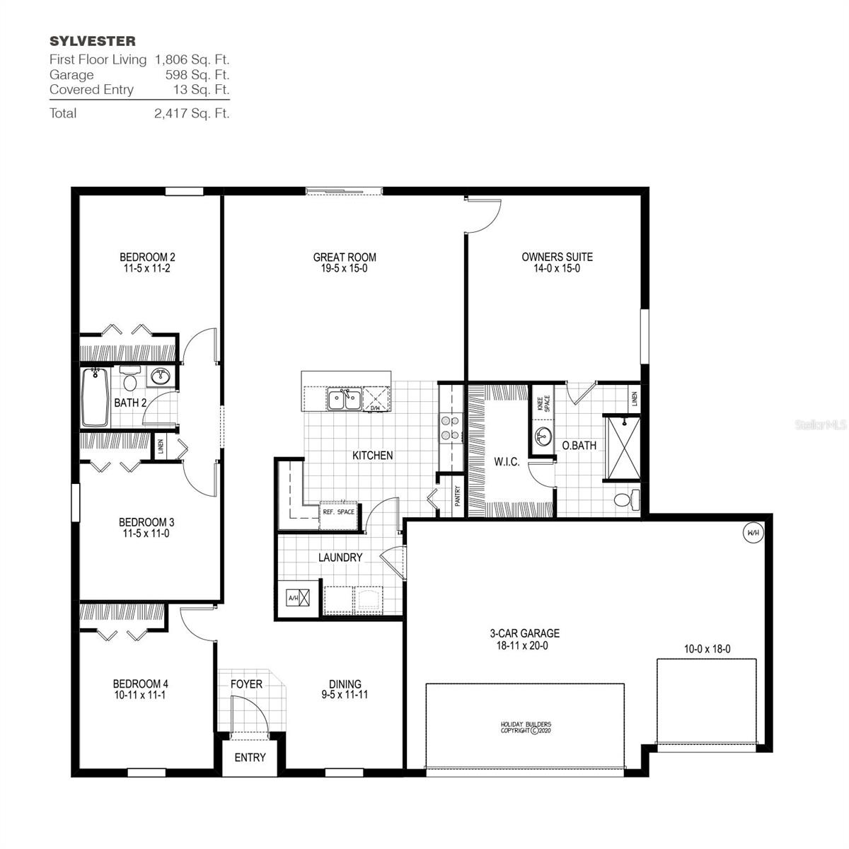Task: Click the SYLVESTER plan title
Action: tap(93, 41)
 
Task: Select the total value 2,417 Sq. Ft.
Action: tap(192, 113)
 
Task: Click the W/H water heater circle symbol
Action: tap(753, 533)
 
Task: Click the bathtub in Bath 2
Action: tap(95, 398)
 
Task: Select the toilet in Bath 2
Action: tap(129, 381)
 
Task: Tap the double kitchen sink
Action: tap(344, 400)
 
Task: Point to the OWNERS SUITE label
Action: tap(557, 258)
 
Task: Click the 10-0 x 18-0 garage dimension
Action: tap(707, 649)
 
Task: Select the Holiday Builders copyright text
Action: tap(526, 727)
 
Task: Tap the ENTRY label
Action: tap(250, 758)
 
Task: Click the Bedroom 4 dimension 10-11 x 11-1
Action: tap(141, 695)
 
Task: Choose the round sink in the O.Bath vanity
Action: tap(543, 434)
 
